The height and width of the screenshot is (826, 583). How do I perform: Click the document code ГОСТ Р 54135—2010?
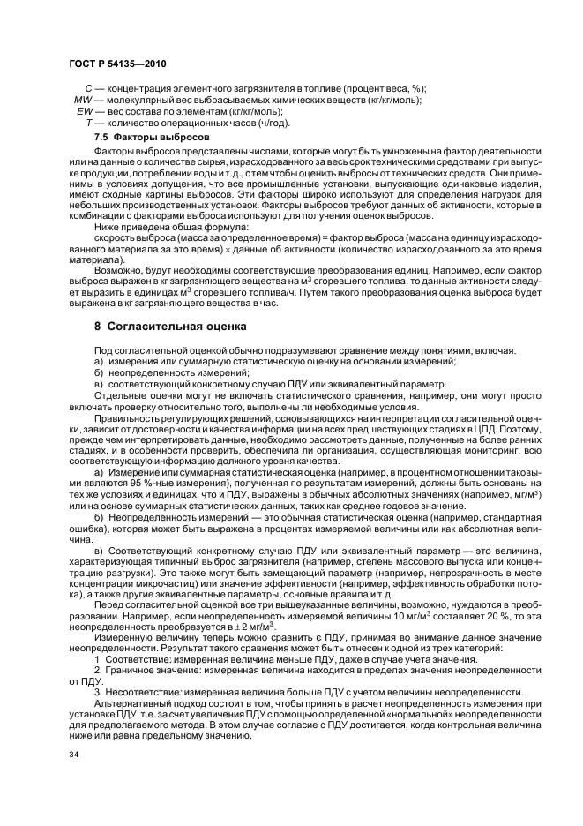(x=116, y=65)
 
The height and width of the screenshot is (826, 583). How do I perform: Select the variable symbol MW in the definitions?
(x=78, y=101)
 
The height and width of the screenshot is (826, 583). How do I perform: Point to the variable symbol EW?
(x=85, y=112)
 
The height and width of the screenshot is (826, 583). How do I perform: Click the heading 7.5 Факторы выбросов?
(x=152, y=139)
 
